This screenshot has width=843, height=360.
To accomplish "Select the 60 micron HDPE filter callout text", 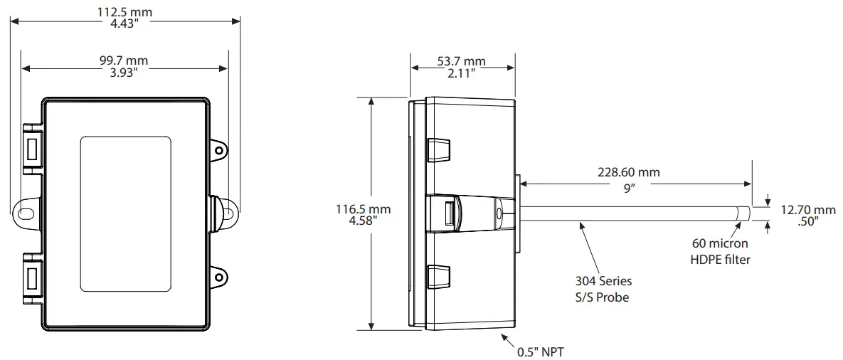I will click(x=720, y=252).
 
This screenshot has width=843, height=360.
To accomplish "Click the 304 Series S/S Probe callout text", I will click(x=603, y=289).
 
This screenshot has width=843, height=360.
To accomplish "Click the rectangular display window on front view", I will click(x=127, y=213).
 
